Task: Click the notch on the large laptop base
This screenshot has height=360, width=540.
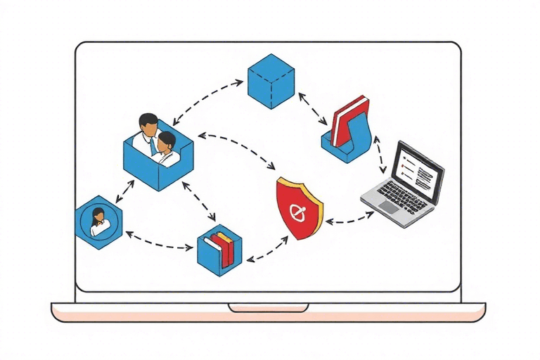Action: coord(268,308)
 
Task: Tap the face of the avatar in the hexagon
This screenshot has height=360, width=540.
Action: coord(98,214)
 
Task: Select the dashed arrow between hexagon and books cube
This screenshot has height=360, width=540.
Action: coord(159,242)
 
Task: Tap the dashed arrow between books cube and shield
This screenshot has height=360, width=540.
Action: coord(266,251)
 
